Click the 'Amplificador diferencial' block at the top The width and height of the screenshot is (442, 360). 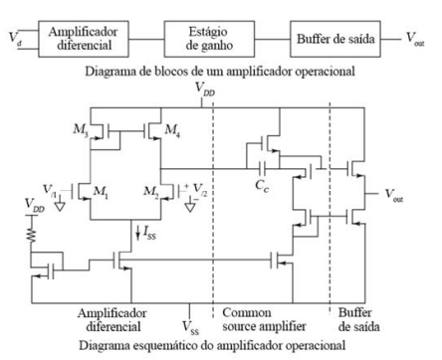coord(84,39)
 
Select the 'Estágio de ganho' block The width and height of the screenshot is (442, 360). coord(209,39)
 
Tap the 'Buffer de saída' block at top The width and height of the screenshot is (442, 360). coord(335,39)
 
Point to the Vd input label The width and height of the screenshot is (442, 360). coord(13,37)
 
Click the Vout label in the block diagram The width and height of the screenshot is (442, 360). coord(415,39)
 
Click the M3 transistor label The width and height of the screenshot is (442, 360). coord(81,130)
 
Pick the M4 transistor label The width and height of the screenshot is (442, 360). coord(172,130)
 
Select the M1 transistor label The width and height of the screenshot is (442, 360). coord(101,192)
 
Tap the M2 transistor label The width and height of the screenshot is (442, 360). coord(151,192)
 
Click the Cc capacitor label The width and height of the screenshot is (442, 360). coord(262,186)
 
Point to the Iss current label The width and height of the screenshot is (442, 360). coord(149,233)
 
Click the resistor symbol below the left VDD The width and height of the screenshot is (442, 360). coord(32,234)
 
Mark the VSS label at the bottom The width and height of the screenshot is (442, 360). coord(190,327)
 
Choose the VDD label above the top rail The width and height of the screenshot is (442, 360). coord(205,89)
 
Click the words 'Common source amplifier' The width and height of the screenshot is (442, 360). coord(264,319)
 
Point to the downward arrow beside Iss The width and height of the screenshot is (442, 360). coord(138,233)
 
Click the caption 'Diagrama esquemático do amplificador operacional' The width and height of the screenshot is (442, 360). coord(212,345)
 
